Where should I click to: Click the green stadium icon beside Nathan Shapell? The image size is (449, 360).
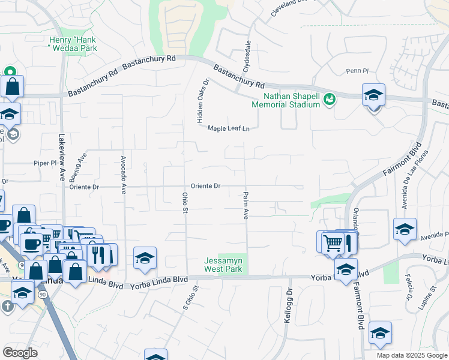(x=329, y=98)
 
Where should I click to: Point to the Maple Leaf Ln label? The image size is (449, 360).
(x=228, y=128)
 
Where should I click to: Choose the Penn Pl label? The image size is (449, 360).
(x=357, y=71)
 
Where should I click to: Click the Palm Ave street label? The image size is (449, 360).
(x=246, y=205)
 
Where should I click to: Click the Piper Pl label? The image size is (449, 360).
(x=45, y=163)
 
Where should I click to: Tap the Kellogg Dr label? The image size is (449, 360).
(x=289, y=307)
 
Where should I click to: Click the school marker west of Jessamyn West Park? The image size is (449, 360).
(x=145, y=258)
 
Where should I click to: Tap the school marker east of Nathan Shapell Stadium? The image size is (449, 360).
(x=373, y=95)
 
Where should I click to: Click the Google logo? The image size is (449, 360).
(x=20, y=353)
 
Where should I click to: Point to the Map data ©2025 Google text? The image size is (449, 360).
(x=411, y=355)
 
